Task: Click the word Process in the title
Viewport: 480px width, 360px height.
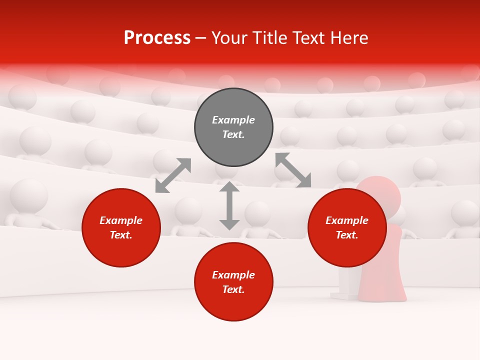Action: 157,38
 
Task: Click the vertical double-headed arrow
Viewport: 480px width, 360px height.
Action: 229,205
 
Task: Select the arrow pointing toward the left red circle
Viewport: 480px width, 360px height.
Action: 173,175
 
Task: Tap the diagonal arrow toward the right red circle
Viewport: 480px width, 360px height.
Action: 293,170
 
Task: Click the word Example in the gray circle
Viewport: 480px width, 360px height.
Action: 233,120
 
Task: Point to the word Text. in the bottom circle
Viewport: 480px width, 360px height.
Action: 233,289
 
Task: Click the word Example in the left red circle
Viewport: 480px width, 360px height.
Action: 121,220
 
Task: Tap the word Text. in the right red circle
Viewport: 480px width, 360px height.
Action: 347,235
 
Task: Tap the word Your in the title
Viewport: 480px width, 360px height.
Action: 228,38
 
